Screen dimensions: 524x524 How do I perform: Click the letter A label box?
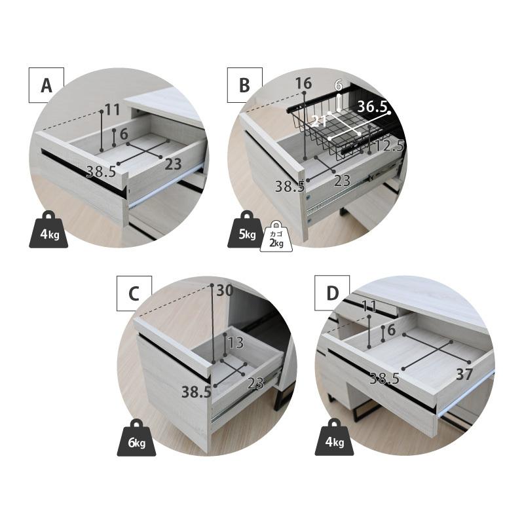pyautogui.click(x=46, y=85)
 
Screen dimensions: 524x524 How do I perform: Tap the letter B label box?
pyautogui.click(x=244, y=85)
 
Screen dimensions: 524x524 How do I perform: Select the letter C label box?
pyautogui.click(x=134, y=293)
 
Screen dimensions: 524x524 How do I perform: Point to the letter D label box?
pyautogui.click(x=332, y=293)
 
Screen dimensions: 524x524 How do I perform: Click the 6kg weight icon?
pyautogui.click(x=136, y=438)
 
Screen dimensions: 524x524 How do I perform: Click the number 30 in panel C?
pyautogui.click(x=225, y=290)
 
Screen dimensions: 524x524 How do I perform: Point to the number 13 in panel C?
pyautogui.click(x=236, y=343)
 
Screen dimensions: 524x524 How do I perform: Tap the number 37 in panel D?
pyautogui.click(x=465, y=374)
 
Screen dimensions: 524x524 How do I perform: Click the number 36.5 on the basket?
pyautogui.click(x=372, y=107)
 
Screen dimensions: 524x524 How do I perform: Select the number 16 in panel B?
pyautogui.click(x=303, y=83)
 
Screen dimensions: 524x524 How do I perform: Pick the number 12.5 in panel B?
pyautogui.click(x=390, y=146)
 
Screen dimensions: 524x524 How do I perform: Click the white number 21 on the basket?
pyautogui.click(x=319, y=121)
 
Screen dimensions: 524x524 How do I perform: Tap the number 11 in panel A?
pyautogui.click(x=112, y=109)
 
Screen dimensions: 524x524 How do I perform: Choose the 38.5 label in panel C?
pyautogui.click(x=196, y=392)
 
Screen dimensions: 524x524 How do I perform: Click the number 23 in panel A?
pyautogui.click(x=173, y=164)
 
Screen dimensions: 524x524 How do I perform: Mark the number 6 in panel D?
pyautogui.click(x=391, y=330)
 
